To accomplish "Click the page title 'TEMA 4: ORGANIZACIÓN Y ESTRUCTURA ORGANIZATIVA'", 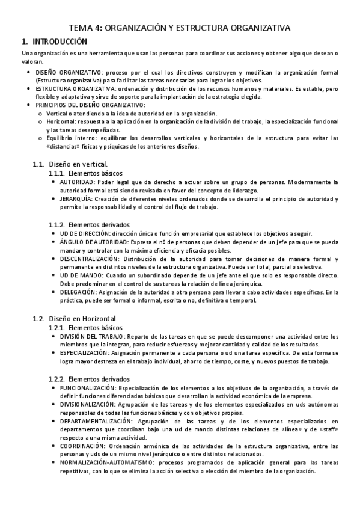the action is [x=180, y=28].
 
